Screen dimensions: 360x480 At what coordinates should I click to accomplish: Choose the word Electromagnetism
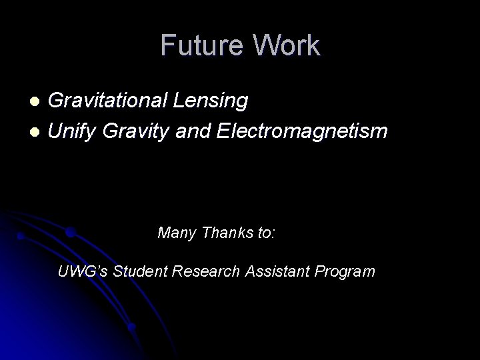(x=302, y=132)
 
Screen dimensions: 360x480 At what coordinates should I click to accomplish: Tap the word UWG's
(x=83, y=272)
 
